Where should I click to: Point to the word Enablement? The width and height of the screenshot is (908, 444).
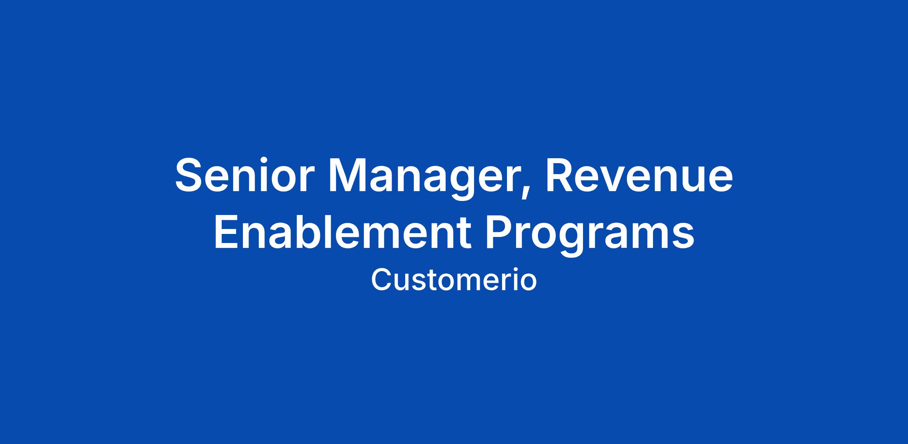pyautogui.click(x=343, y=232)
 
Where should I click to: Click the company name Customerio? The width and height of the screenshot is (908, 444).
pyautogui.click(x=454, y=280)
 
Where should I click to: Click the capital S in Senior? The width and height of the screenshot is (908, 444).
pyautogui.click(x=189, y=175)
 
